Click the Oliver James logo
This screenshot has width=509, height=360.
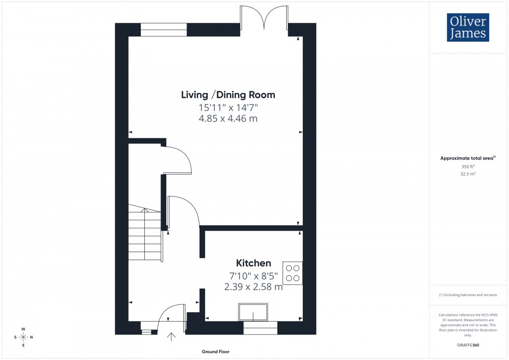click(467, 28)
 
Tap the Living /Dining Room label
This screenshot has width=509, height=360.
click(228, 95)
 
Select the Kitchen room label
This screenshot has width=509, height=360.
click(253, 263)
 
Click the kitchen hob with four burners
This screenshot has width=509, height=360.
click(292, 273)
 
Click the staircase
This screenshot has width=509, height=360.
click(146, 234)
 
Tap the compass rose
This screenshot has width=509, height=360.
click(23, 337)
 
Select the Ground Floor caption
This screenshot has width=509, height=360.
click(216, 352)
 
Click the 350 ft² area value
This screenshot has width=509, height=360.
click(468, 166)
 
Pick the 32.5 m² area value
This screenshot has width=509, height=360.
click(468, 174)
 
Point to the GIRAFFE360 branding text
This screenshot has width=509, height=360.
click(468, 344)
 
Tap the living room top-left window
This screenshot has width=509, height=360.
click(164, 30)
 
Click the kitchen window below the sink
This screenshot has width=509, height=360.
click(260, 328)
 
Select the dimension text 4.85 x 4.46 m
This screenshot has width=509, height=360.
click(228, 118)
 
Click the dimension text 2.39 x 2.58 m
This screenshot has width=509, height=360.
click(253, 286)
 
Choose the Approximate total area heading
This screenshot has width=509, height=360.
click(468, 158)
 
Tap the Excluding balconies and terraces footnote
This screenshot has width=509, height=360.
click(468, 295)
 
